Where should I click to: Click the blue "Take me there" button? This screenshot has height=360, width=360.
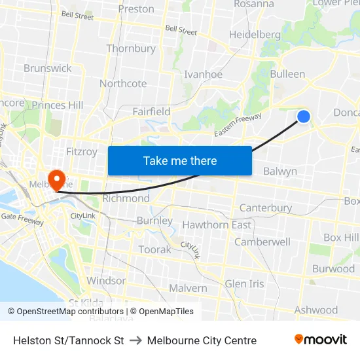point(179,160)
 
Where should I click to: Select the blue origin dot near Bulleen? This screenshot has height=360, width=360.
point(304,117)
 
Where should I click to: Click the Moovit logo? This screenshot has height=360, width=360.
point(320,339)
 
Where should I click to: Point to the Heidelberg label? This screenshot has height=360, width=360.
point(255,34)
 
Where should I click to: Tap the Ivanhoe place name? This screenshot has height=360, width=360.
point(203,74)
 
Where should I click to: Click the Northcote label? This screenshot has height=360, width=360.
point(123,83)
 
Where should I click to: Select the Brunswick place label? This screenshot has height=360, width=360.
point(48,68)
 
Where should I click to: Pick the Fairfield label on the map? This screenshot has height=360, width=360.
point(151,111)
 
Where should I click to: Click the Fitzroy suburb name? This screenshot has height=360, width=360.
point(82,151)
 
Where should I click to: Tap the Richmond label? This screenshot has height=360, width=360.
point(126,198)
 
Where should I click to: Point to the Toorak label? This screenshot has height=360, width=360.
point(154,249)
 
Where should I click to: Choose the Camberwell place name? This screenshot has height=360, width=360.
point(262,242)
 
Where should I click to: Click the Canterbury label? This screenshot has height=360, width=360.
point(266,207)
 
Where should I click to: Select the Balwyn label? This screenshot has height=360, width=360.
point(280,171)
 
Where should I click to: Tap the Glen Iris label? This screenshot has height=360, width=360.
point(244,283)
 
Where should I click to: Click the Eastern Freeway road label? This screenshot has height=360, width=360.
point(238,125)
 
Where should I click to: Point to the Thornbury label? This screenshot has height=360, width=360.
point(131,48)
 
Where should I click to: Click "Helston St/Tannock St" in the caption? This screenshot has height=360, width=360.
point(69,340)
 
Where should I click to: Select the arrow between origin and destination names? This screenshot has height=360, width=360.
point(135,340)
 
